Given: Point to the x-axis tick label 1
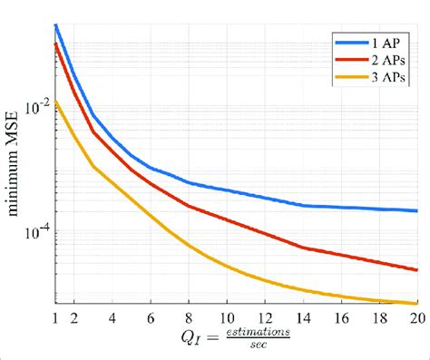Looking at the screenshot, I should point(55,318).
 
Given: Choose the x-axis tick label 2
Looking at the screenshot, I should point(73,318).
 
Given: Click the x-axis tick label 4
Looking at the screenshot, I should point(112,318).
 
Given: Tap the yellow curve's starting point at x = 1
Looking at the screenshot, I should point(55,102).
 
